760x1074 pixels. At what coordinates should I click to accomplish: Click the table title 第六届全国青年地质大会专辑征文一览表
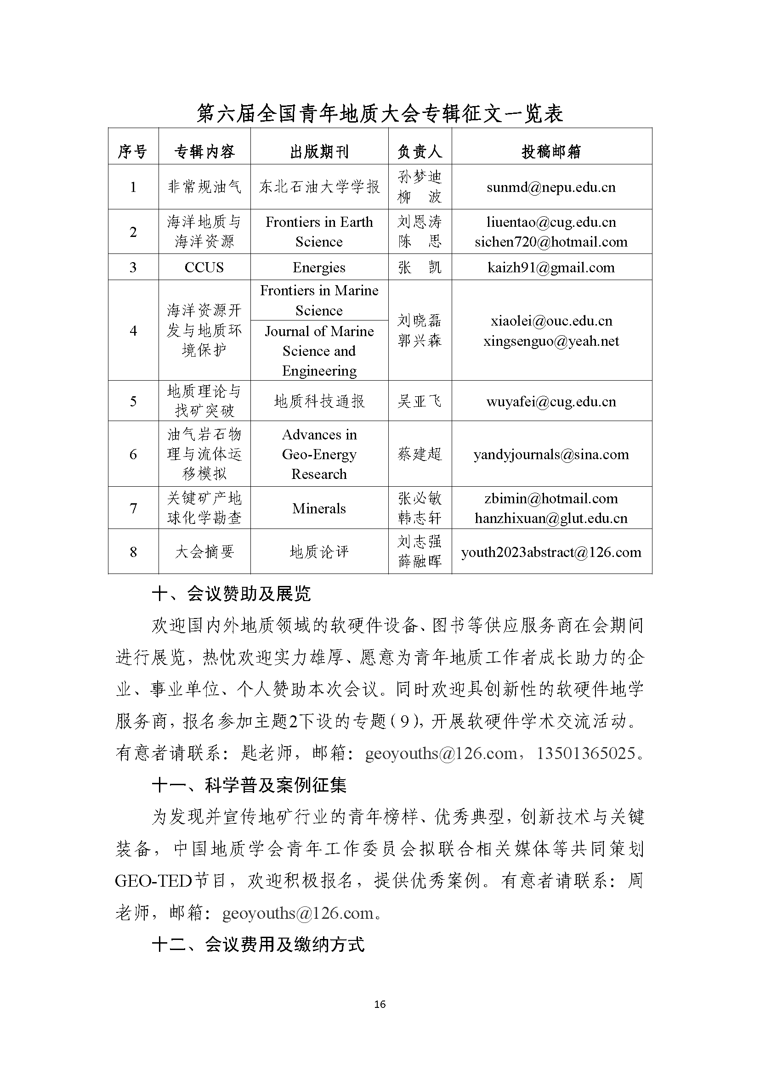click(x=380, y=114)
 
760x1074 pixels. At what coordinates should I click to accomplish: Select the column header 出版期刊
click(x=319, y=152)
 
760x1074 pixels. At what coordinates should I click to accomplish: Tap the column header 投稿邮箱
click(x=551, y=152)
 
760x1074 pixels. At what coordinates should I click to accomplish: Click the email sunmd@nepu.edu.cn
click(x=551, y=187)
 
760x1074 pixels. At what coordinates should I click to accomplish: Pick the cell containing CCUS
click(x=204, y=268)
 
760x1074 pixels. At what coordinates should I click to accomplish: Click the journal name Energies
click(x=319, y=268)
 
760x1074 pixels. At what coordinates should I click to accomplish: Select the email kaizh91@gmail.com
click(x=551, y=268)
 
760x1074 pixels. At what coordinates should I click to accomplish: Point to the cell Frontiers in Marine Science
click(x=319, y=300)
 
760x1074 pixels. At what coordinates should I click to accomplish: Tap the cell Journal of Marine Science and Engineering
click(x=319, y=351)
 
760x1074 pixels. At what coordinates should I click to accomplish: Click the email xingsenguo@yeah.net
click(x=551, y=341)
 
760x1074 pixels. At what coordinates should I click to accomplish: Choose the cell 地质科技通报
click(x=319, y=401)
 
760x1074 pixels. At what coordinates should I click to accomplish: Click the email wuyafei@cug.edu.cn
click(x=551, y=401)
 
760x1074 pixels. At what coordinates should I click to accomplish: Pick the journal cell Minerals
click(x=319, y=508)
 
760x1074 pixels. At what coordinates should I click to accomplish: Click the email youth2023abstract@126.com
click(x=551, y=552)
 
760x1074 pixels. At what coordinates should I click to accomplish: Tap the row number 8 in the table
click(x=133, y=552)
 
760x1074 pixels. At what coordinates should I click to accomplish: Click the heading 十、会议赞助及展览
click(x=232, y=594)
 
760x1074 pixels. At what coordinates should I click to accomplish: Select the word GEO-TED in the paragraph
click(x=153, y=881)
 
